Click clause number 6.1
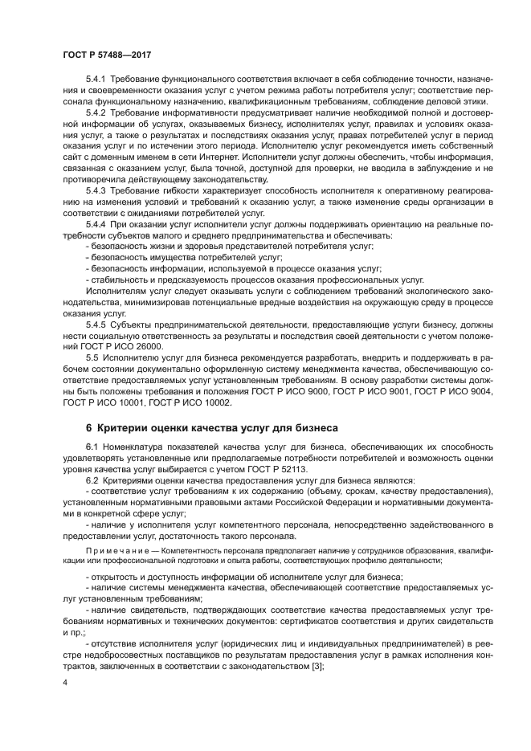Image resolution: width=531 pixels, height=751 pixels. coord(92,447)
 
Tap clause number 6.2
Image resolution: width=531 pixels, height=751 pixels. coord(92,480)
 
